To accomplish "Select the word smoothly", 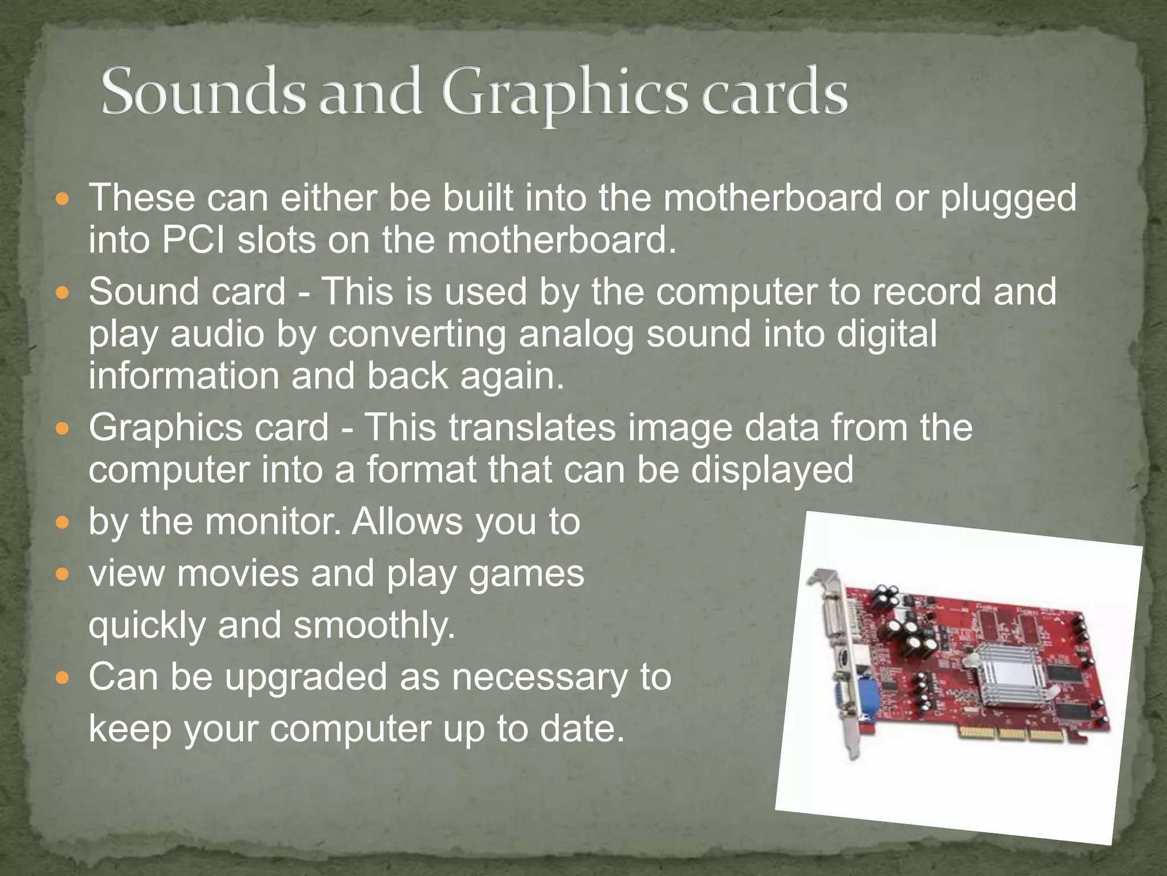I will (374, 626).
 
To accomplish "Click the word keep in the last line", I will (130, 729).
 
